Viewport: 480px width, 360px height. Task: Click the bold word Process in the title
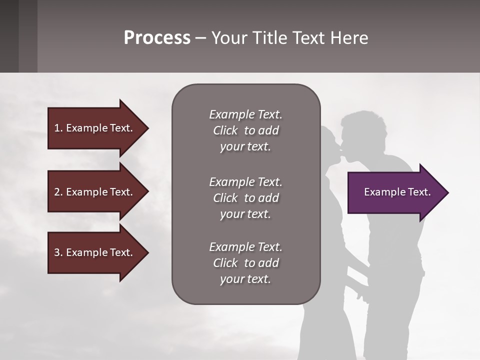tap(157, 37)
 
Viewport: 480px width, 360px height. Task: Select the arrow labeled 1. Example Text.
tap(95, 128)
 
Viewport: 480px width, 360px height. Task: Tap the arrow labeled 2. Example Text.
tap(95, 192)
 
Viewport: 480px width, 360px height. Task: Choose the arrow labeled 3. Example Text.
tap(95, 252)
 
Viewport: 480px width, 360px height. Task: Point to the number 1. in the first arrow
tap(58, 128)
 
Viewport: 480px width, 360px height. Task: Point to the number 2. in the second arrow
tap(58, 192)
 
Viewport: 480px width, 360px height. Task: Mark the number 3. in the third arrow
tap(58, 252)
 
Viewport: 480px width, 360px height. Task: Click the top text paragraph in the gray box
tap(245, 130)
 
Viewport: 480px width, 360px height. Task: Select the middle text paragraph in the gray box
tap(245, 198)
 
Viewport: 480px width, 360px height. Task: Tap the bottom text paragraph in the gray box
tap(245, 263)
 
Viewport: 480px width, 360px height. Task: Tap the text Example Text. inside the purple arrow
tap(397, 192)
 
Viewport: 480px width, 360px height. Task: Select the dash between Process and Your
tap(200, 38)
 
